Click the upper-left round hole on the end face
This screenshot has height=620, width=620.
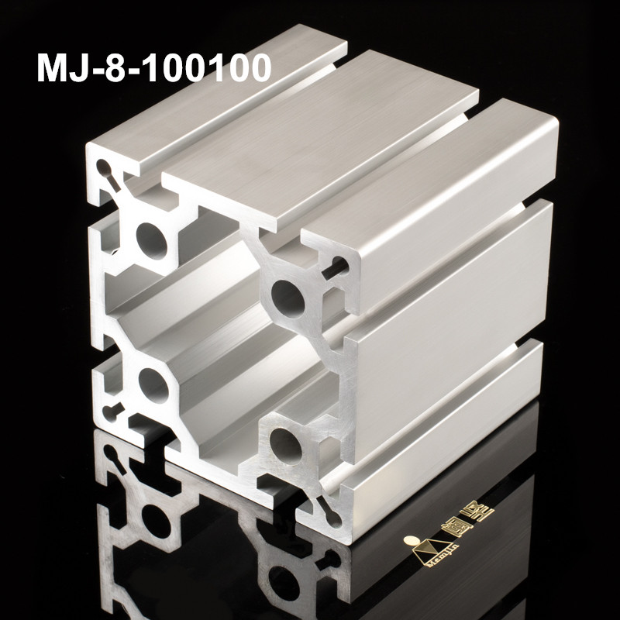(152, 239)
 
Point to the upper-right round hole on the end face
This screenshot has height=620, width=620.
(288, 296)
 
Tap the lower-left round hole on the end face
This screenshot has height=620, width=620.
(153, 385)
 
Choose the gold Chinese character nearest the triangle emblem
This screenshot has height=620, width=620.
(456, 528)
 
